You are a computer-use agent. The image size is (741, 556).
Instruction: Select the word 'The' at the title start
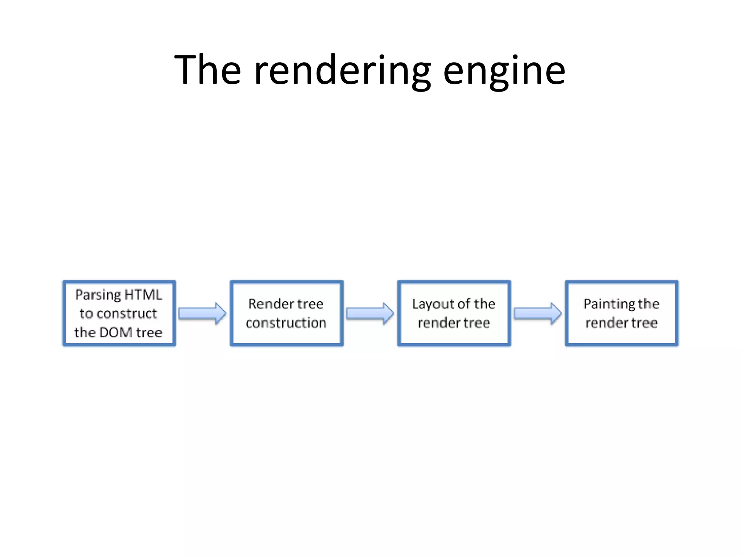207,69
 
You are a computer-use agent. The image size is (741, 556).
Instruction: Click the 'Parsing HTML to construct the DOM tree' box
119,313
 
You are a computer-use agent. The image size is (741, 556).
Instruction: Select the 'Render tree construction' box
286,313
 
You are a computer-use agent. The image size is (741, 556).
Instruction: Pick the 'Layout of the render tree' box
454,313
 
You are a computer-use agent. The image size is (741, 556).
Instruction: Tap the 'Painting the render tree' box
621,313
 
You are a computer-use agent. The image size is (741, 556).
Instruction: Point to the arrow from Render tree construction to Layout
370,313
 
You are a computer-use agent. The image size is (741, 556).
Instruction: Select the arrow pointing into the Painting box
538,313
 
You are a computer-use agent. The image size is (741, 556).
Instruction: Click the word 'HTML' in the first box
143,295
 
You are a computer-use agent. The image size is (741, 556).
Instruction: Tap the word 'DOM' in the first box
115,332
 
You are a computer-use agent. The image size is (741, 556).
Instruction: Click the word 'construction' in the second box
286,323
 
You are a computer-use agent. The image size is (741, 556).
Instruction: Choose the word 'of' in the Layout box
464,304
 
